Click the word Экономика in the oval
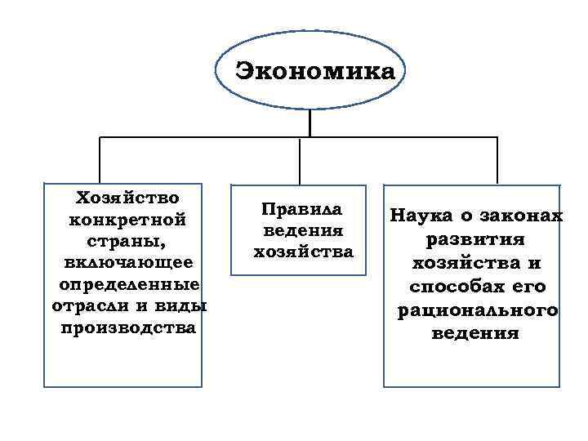click(x=314, y=71)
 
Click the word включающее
click(x=127, y=262)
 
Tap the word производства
click(x=128, y=328)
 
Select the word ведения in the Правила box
click(x=302, y=229)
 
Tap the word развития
click(x=477, y=240)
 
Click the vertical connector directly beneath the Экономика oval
click(x=310, y=122)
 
